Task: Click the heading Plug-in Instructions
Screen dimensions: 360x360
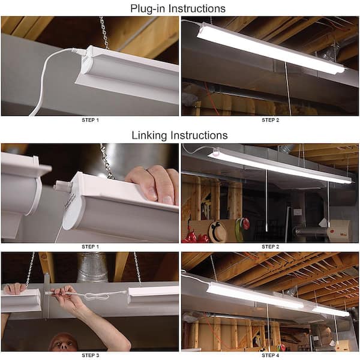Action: [x=179, y=8]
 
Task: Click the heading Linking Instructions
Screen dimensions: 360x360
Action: [x=179, y=135]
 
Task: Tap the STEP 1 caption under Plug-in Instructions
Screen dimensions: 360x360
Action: [x=90, y=120]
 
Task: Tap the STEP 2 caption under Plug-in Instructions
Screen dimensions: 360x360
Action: [x=270, y=120]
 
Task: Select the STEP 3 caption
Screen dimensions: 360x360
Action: [x=90, y=355]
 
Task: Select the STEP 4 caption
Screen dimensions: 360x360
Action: [x=270, y=355]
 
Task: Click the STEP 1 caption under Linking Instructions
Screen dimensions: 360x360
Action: [x=90, y=246]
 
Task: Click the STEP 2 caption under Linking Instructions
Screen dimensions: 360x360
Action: [x=270, y=246]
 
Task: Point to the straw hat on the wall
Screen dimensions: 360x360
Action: [x=217, y=231]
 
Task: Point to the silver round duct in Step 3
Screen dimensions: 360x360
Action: [x=93, y=267]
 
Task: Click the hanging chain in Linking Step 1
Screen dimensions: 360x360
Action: [x=107, y=161]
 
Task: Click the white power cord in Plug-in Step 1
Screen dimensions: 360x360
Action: [x=45, y=78]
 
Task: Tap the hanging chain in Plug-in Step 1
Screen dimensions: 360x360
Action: [x=104, y=33]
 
